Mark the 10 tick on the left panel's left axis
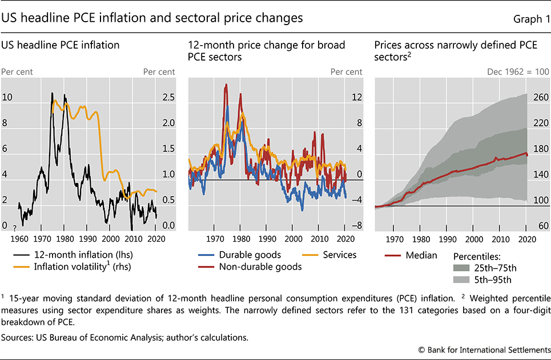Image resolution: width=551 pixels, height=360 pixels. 7,98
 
